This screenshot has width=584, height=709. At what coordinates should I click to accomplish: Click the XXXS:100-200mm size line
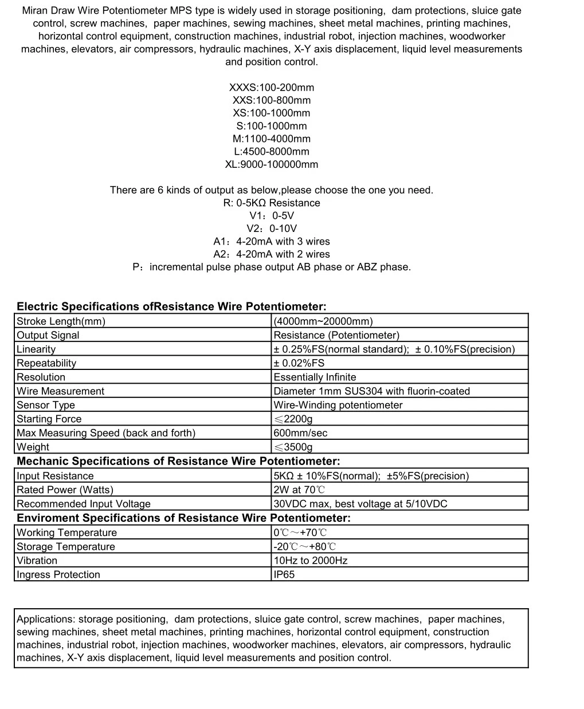(271, 88)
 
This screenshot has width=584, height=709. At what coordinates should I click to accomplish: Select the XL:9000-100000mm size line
(271, 164)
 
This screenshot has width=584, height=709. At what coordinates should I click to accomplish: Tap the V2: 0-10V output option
(271, 229)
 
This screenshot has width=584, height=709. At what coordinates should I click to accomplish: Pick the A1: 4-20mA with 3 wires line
(271, 241)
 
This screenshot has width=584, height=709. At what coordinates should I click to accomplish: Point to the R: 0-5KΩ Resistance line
(271, 203)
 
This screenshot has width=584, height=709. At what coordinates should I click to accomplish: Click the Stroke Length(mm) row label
(61, 321)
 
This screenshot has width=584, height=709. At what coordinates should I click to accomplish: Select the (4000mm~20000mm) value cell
(323, 321)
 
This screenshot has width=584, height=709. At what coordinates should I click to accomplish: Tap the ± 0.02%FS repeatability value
(299, 363)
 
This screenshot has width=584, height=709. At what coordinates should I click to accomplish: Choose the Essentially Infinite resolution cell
(315, 377)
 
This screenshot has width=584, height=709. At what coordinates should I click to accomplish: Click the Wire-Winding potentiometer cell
(338, 405)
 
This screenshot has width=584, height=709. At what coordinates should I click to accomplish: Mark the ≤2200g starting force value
(293, 419)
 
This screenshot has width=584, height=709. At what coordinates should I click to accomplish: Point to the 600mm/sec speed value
(300, 433)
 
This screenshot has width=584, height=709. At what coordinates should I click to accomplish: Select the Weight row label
(33, 447)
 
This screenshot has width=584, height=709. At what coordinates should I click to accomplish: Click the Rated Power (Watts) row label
(65, 490)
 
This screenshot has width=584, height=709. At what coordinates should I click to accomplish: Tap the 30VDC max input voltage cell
(360, 504)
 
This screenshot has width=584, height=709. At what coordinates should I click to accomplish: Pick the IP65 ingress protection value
(284, 574)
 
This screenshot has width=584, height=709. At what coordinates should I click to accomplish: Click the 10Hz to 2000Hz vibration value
(310, 561)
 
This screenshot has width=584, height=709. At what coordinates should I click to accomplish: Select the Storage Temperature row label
(65, 546)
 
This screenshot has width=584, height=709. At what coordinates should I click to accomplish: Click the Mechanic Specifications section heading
(178, 462)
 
